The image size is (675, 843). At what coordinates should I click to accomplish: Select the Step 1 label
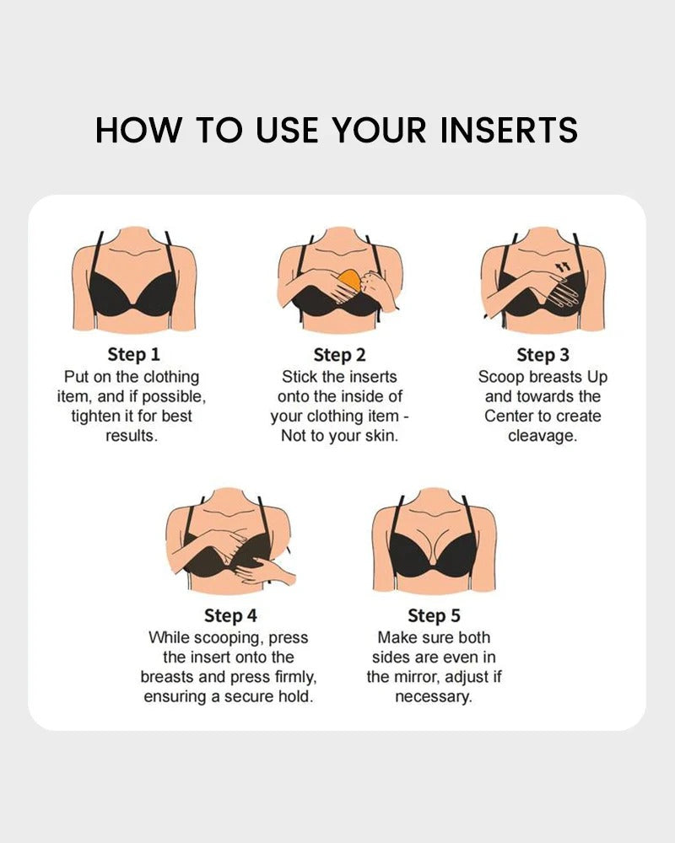click(132, 354)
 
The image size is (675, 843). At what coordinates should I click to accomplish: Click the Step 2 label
click(339, 354)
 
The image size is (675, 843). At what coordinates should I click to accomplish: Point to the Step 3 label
click(543, 354)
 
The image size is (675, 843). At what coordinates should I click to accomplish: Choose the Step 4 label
click(229, 615)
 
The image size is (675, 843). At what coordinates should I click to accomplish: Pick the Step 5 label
click(434, 615)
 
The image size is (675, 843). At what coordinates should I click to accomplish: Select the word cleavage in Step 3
click(543, 436)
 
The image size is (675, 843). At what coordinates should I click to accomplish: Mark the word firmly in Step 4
click(289, 677)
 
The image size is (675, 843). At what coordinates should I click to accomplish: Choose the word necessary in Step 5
click(434, 697)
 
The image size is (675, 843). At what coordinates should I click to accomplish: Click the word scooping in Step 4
click(220, 637)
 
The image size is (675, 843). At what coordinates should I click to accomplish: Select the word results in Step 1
click(131, 436)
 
